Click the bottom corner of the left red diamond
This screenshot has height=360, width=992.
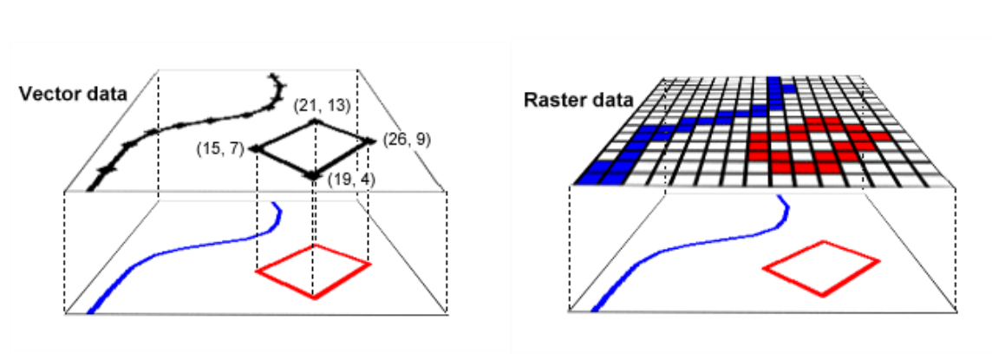point(314,298)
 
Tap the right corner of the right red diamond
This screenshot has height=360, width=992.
point(878,259)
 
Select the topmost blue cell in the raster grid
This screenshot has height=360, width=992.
point(773,83)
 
